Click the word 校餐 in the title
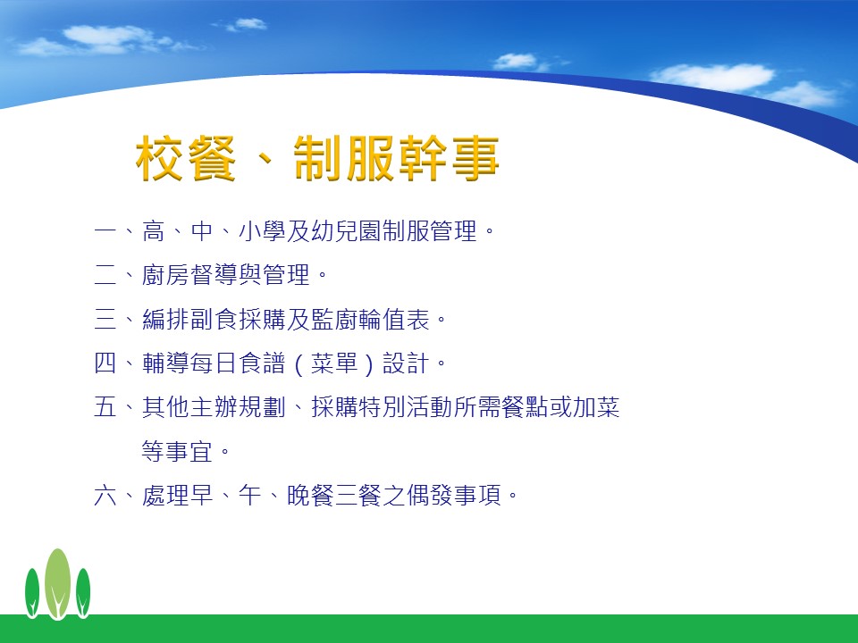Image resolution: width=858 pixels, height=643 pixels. coord(186,159)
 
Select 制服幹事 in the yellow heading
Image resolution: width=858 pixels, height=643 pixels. coord(396,159)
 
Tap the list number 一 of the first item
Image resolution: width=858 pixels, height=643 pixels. coord(105,230)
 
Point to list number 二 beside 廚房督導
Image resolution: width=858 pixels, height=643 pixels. coord(105,275)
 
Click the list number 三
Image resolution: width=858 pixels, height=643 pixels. coord(105,320)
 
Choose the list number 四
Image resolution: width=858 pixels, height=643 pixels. coord(105,363)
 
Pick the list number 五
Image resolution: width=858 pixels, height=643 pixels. coord(105,407)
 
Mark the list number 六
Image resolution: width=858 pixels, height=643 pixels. coord(105,496)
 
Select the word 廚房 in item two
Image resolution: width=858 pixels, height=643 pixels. coord(165,275)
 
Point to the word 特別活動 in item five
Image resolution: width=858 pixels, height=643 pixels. coord(406,407)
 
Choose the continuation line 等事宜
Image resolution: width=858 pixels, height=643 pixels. coord(177,452)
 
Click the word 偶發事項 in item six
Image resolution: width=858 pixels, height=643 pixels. coord(454,496)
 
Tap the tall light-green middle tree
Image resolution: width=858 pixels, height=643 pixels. coord(57,584)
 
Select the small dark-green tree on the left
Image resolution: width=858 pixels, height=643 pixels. coord(32,593)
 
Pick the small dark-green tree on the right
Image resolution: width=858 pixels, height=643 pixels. coord(83,593)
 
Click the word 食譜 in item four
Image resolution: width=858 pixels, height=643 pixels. coord(263,363)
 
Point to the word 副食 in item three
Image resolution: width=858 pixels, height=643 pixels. coord(214,320)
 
